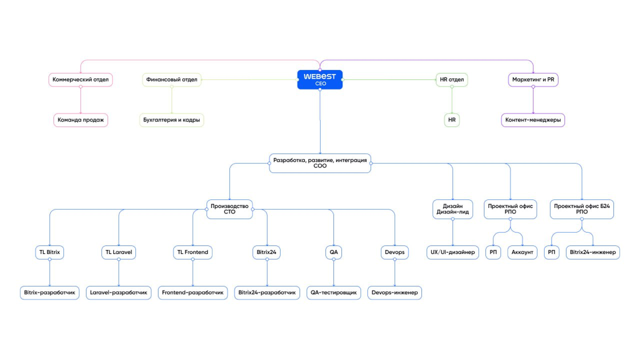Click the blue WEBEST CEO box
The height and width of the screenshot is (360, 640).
319,79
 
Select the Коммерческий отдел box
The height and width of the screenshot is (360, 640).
81,79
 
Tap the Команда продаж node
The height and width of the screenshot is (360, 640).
81,120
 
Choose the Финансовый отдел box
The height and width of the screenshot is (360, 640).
172,79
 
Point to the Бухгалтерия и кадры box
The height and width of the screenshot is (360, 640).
171,120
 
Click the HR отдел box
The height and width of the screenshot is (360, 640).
452,79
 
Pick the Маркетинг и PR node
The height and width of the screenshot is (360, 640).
533,79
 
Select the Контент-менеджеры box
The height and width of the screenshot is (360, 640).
533,120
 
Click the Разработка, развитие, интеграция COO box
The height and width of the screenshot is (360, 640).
320,163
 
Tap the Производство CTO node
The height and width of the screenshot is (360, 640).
229,209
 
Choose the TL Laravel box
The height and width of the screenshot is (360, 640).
118,252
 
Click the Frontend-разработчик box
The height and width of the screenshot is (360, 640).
193,293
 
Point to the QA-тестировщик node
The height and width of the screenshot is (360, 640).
333,293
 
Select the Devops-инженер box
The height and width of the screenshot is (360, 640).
395,293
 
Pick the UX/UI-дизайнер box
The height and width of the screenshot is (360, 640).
453,252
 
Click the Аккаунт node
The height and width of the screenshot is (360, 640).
522,252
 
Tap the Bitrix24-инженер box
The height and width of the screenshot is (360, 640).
593,252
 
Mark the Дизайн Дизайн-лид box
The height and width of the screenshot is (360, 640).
453,209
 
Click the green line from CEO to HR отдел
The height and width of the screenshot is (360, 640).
389,79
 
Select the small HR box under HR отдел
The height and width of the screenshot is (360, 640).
452,120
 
